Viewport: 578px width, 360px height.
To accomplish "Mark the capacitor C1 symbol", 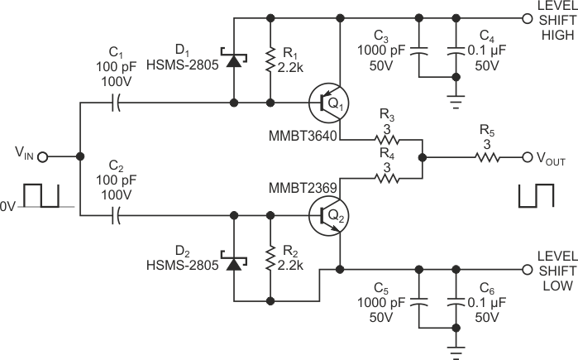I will point(116,104).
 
